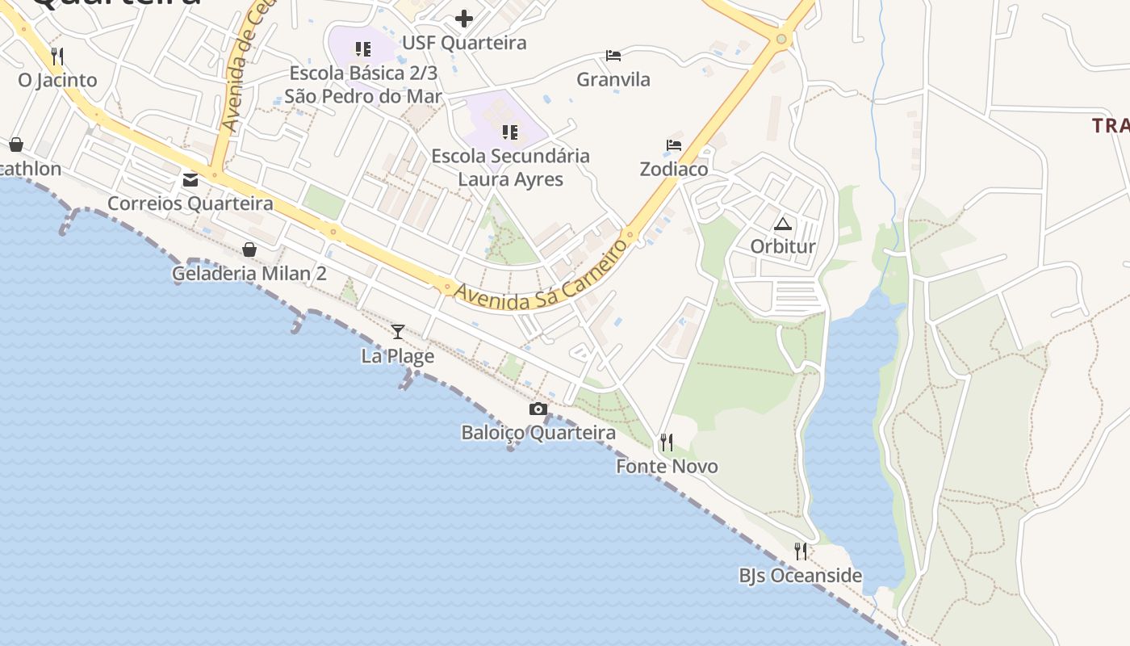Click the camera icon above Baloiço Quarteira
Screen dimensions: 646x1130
click(538, 409)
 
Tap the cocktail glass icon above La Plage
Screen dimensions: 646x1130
click(398, 331)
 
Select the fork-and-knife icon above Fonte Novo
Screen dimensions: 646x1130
click(667, 443)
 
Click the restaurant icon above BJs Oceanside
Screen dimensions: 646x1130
click(801, 552)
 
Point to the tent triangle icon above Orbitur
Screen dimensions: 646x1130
click(783, 223)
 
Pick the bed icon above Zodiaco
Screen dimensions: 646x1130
click(674, 145)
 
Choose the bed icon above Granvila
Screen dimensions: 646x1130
click(613, 56)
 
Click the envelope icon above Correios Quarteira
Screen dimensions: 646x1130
click(190, 180)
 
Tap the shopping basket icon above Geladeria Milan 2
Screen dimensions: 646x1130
click(249, 250)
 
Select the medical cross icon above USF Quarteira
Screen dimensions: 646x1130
click(464, 18)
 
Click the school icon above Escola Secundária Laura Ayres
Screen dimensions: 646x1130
click(509, 132)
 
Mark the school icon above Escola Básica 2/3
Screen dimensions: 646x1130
click(363, 49)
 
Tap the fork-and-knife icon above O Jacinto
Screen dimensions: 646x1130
click(57, 57)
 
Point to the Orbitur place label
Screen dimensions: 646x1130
click(783, 246)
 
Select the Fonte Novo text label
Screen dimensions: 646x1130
click(667, 466)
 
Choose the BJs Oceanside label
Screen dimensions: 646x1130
click(801, 576)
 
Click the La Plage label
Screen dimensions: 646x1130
click(398, 355)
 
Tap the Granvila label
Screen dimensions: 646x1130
click(613, 79)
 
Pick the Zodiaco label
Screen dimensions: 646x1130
click(674, 169)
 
